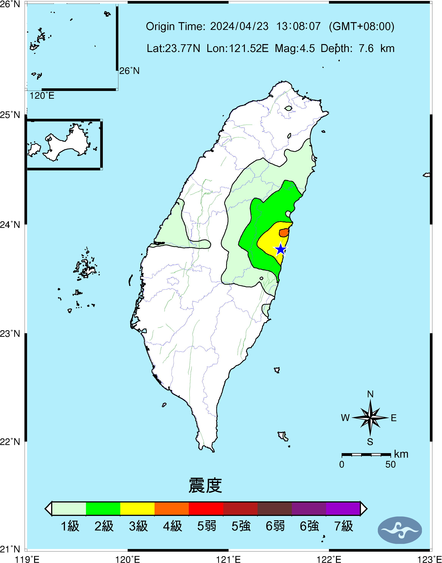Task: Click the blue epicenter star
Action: [x=280, y=249]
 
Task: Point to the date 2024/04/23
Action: [x=239, y=26]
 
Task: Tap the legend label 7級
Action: [x=343, y=526]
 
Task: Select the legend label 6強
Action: [x=309, y=526]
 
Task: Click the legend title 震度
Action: [x=205, y=485]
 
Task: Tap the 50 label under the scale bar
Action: [x=390, y=464]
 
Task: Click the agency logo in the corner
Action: [x=400, y=530]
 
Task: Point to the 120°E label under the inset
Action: [x=42, y=96]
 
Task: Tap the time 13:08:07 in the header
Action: [x=298, y=26]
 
